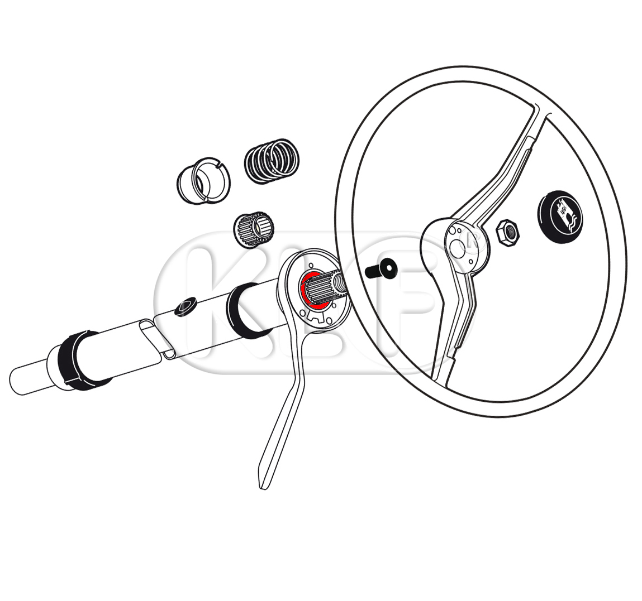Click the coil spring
point(272,161)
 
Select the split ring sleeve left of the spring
point(203,180)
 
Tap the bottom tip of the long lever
point(263,487)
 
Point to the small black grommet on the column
point(186,306)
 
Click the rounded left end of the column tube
point(16,381)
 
